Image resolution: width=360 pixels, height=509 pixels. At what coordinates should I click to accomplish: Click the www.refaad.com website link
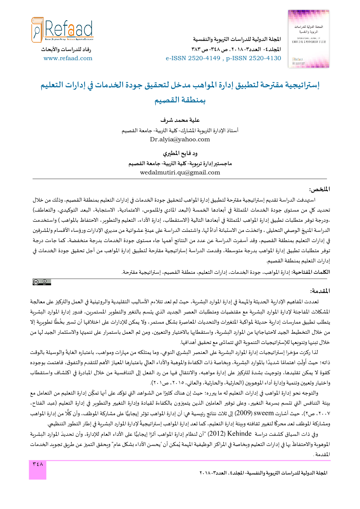pyautogui.click(x=68, y=58)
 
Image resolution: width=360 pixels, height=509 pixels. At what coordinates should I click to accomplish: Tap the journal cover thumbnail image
pyautogui.click(x=309, y=39)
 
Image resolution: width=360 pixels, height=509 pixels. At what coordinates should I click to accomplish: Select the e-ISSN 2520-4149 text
pyautogui.click(x=193, y=58)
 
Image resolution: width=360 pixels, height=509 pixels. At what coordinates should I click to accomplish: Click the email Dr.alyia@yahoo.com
pyautogui.click(x=180, y=140)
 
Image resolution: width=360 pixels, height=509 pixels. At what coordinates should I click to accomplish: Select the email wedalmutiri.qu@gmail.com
pyautogui.click(x=180, y=173)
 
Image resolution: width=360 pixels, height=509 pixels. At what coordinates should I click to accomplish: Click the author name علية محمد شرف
pyautogui.click(x=180, y=120)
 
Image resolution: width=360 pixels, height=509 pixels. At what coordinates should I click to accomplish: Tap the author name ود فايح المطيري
pyautogui.click(x=180, y=154)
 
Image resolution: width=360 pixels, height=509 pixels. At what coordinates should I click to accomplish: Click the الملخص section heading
pyautogui.click(x=319, y=190)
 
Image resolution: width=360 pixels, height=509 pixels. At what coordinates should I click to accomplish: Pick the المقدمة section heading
pyautogui.click(x=320, y=291)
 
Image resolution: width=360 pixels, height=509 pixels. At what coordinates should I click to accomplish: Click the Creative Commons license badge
pyautogui.click(x=42, y=282)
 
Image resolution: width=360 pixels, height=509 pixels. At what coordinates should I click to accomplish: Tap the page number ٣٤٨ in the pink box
pyautogui.click(x=37, y=464)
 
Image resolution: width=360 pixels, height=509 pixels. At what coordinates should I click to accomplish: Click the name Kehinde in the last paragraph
pyautogui.click(x=239, y=434)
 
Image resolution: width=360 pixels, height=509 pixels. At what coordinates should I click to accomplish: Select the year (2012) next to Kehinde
pyautogui.click(x=216, y=434)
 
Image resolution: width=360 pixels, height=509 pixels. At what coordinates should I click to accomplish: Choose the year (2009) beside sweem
pyautogui.click(x=243, y=413)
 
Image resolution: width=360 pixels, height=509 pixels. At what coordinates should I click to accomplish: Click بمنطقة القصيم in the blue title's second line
pyautogui.click(x=180, y=100)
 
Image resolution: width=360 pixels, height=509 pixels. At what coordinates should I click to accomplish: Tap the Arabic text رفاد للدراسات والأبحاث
pyautogui.click(x=66, y=49)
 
